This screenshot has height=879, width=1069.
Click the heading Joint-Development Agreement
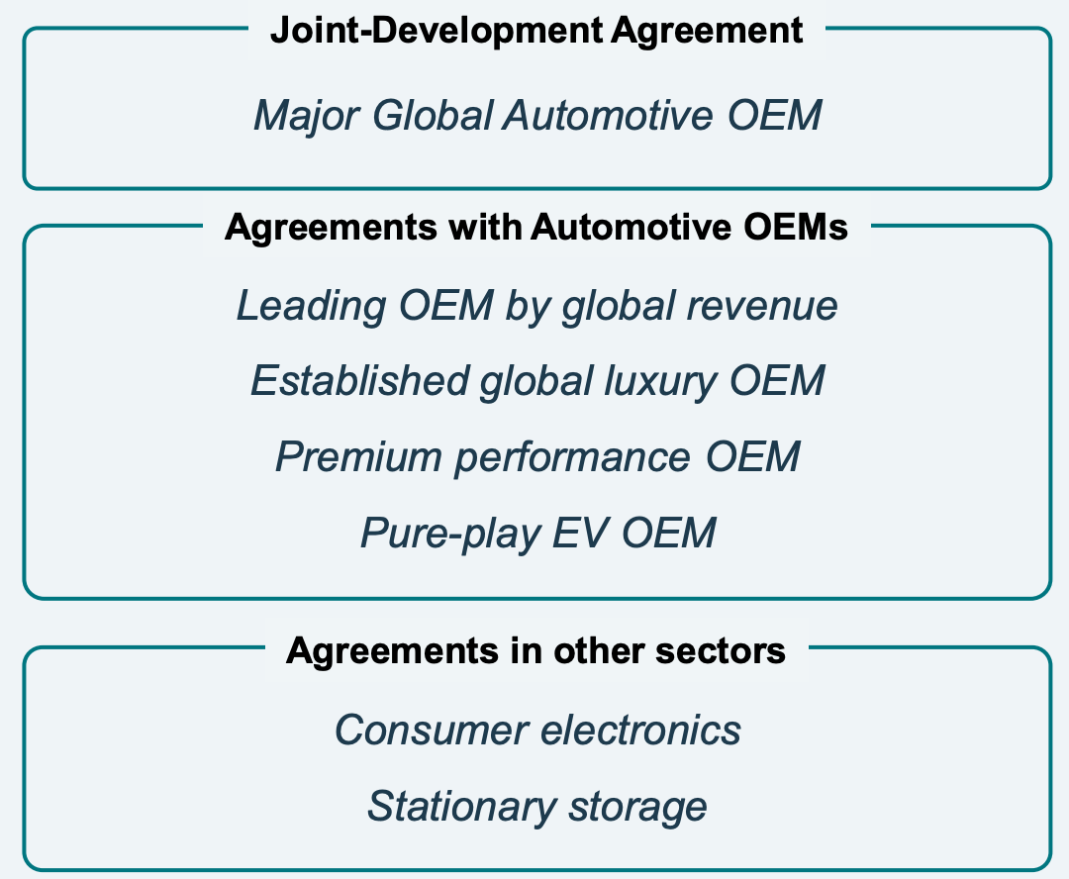[x=536, y=31]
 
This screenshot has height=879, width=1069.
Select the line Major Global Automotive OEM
[x=537, y=116]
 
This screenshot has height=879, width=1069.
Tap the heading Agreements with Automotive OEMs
[x=536, y=228]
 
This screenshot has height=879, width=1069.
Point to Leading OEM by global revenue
[x=536, y=306]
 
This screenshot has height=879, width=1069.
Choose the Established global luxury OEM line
[x=537, y=381]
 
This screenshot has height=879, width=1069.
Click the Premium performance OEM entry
[x=537, y=457]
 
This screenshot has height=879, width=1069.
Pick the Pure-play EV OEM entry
[x=537, y=534]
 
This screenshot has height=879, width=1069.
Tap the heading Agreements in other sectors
[x=536, y=650]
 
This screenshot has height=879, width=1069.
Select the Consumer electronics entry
[x=537, y=731]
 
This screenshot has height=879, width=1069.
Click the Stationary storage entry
[x=537, y=806]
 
